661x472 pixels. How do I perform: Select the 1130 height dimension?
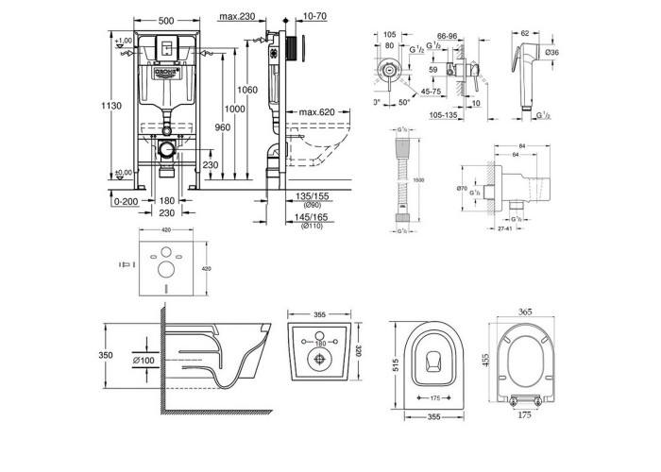pyautogui.click(x=111, y=107)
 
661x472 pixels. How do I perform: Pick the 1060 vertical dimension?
pyautogui.click(x=248, y=91)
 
